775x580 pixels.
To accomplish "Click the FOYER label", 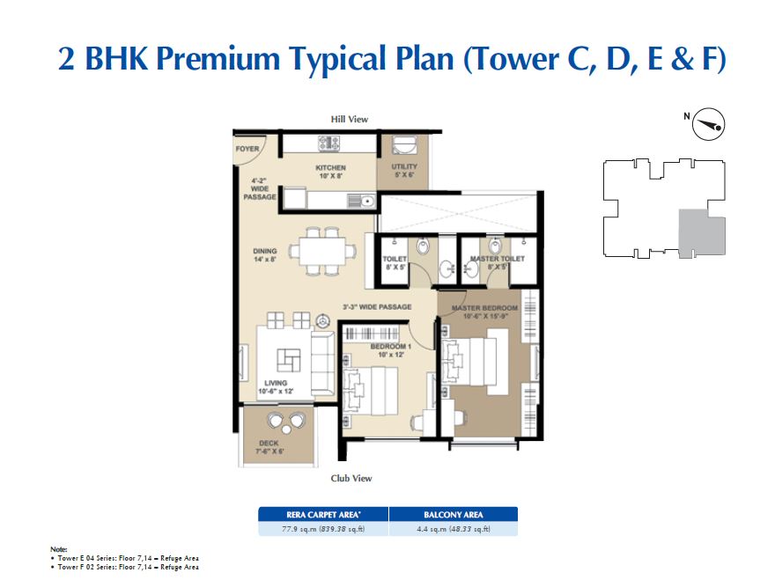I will pos(247,149).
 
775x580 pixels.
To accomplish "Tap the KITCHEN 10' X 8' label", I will pos(330,172).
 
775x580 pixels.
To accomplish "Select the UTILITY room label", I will pos(404,171).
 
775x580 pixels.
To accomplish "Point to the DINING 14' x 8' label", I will pos(264,255).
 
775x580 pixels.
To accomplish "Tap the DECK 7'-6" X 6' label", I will pos(269,447).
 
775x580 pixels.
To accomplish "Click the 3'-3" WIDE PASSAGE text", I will pos(377,307).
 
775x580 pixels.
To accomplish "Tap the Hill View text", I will pos(349,119).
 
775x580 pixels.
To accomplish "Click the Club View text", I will pos(351,478).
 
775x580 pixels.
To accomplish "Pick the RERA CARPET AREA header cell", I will pos(322,515).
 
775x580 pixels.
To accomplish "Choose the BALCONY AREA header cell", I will pos(453,515).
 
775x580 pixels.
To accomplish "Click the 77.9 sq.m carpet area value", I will pos(322,529).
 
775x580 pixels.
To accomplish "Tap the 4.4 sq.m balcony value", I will pos(453,529).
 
